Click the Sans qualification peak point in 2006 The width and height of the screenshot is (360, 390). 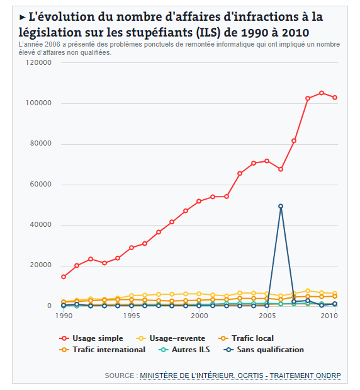point(281,206)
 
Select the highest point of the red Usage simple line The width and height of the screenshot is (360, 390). point(321,93)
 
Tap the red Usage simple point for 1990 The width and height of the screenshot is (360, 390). point(64,277)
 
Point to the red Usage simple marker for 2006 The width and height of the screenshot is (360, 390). point(281,169)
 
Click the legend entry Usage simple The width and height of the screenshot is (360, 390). point(91,338)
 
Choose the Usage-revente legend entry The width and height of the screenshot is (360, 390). point(171,338)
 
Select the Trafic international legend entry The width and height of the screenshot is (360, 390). point(102,350)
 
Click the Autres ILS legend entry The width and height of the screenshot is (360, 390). point(184,350)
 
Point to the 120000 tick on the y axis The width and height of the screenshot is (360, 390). point(38,62)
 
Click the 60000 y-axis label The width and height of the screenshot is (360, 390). point(40,185)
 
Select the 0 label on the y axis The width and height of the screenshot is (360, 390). point(50,306)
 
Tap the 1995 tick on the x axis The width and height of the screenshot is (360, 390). point(132,316)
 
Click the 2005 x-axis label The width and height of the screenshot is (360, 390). point(267,316)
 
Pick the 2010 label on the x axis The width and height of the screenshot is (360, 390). point(329,316)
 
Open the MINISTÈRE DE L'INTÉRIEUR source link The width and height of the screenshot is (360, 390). point(186,376)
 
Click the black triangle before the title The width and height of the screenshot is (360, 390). point(23,18)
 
